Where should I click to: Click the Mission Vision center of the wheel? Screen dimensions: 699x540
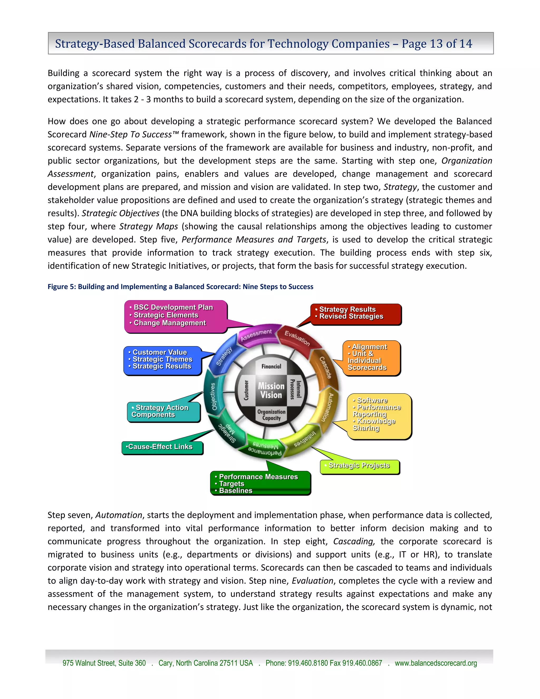coord(271,390)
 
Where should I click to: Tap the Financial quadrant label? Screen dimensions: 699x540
coord(271,366)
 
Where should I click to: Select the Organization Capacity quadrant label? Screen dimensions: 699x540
coord(271,415)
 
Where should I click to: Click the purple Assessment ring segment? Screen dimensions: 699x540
coord(256,335)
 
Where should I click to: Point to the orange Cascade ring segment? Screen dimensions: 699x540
coord(326,367)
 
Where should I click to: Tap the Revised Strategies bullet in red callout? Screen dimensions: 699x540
coord(351,316)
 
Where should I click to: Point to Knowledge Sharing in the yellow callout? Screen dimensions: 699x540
coord(374,425)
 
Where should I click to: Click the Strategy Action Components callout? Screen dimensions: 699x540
coord(160,411)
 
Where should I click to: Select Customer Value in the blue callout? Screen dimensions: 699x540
coord(160,352)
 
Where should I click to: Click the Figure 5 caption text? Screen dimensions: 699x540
coord(180,287)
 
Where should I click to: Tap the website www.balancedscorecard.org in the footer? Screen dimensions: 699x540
coord(436,663)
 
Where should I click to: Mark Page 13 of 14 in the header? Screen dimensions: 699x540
coord(437,44)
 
